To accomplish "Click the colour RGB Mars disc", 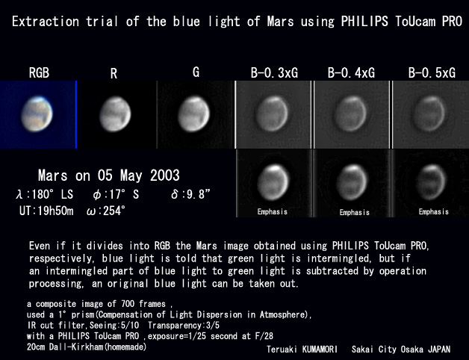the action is click(x=37, y=114).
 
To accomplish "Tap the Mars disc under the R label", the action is click(x=115, y=114).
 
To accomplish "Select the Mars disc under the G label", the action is click(x=194, y=114).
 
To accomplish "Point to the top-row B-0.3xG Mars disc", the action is click(x=272, y=114).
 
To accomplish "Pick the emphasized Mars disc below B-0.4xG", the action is click(x=352, y=182).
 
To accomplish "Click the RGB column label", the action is click(x=39, y=72).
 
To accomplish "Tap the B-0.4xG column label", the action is click(x=351, y=72).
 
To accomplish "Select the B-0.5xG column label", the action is click(x=432, y=72).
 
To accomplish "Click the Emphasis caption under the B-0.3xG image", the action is click(x=273, y=212).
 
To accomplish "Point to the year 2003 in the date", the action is click(x=165, y=176).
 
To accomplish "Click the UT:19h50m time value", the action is click(x=46, y=211).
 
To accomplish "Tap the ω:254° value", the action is click(x=106, y=211).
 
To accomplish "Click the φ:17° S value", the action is click(x=116, y=194).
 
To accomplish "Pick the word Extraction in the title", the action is click(x=46, y=22).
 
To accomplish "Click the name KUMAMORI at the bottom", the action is click(x=320, y=350).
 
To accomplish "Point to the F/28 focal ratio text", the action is click(x=264, y=336).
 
